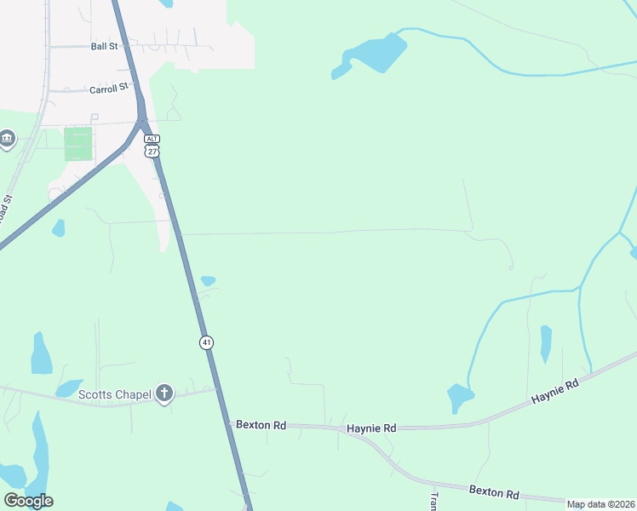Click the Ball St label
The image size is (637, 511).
click(104, 47)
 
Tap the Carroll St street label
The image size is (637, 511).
click(108, 88)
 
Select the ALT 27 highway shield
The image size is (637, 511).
click(152, 145)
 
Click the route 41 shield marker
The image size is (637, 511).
click(206, 342)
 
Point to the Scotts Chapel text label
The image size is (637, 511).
click(114, 393)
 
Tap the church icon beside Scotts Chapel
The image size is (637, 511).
click(164, 393)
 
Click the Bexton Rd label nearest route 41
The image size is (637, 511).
click(261, 423)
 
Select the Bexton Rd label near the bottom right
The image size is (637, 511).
click(495, 493)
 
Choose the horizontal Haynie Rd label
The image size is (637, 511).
click(372, 428)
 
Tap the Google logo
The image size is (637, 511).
click(28, 501)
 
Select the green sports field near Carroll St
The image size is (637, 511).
click(77, 144)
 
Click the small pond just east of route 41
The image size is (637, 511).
click(208, 280)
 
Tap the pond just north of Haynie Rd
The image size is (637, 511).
click(460, 396)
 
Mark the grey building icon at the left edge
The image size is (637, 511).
click(7, 138)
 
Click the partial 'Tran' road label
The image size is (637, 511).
click(433, 501)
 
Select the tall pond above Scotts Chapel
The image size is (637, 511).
click(40, 354)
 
